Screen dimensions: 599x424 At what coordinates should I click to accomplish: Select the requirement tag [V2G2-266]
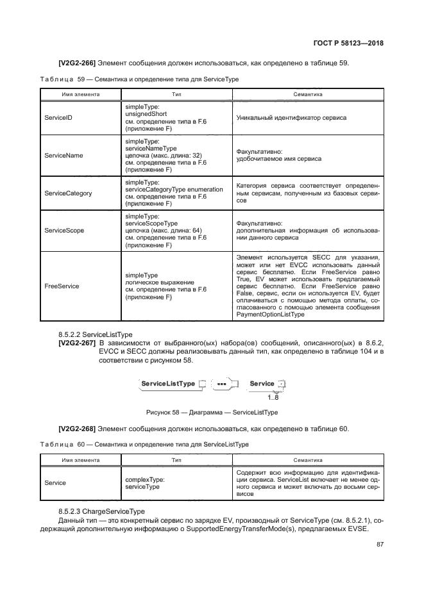77,63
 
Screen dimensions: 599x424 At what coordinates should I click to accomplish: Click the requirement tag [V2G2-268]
77,429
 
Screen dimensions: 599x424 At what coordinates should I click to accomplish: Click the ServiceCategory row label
67,193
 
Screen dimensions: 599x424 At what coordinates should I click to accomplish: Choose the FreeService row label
62,286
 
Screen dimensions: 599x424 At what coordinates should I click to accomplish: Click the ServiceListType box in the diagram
168,383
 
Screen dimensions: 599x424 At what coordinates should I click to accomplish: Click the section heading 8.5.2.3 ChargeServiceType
102,511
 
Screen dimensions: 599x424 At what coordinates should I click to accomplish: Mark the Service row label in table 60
55,482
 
